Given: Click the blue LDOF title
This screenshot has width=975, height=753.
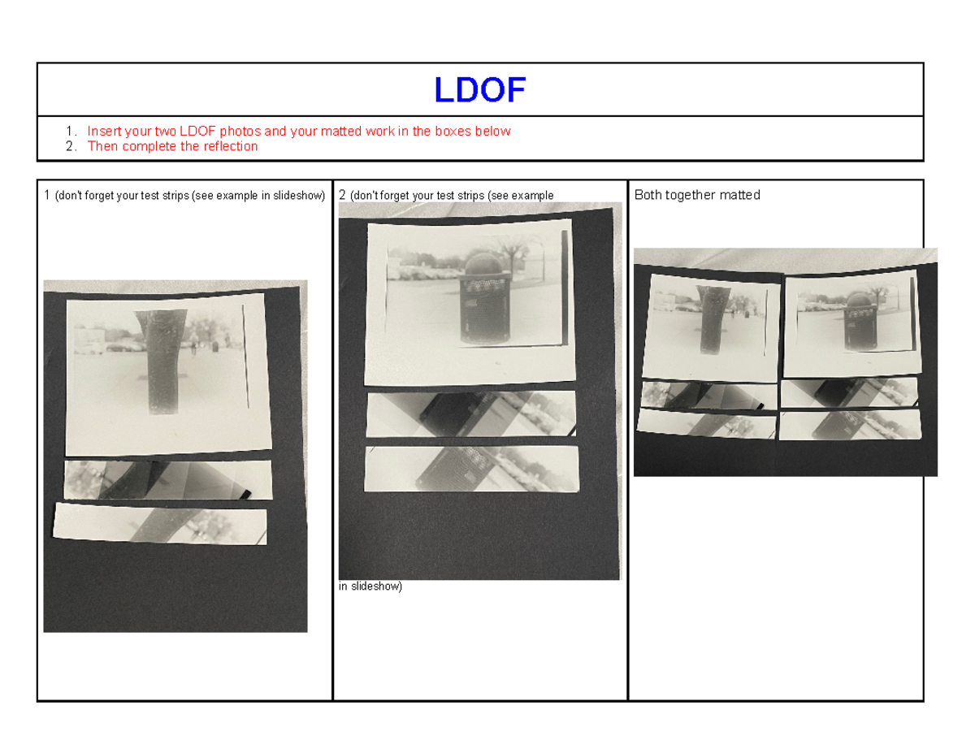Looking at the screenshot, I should [x=479, y=90].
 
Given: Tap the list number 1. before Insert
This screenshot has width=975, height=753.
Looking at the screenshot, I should [x=72, y=131].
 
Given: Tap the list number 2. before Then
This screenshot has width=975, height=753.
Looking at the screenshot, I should [x=72, y=146].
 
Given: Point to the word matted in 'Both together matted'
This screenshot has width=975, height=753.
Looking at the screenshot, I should [x=740, y=195].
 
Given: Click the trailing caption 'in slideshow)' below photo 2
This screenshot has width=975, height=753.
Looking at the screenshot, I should [x=370, y=586].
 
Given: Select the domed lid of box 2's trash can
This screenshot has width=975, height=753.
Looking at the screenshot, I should [x=481, y=263].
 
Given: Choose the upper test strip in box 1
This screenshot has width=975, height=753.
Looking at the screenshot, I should [x=167, y=479].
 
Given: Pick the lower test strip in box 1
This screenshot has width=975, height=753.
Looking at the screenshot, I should [x=160, y=526].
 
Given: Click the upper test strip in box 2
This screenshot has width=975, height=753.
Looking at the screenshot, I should [x=471, y=414].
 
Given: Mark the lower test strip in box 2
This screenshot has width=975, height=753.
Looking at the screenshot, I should [x=471, y=469].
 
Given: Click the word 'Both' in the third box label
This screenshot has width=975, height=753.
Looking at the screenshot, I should [x=648, y=195].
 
